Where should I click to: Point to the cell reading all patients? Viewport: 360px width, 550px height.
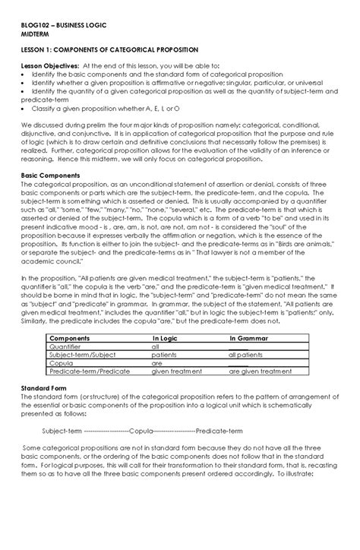(247, 354)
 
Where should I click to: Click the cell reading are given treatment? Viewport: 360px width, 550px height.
(261, 371)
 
